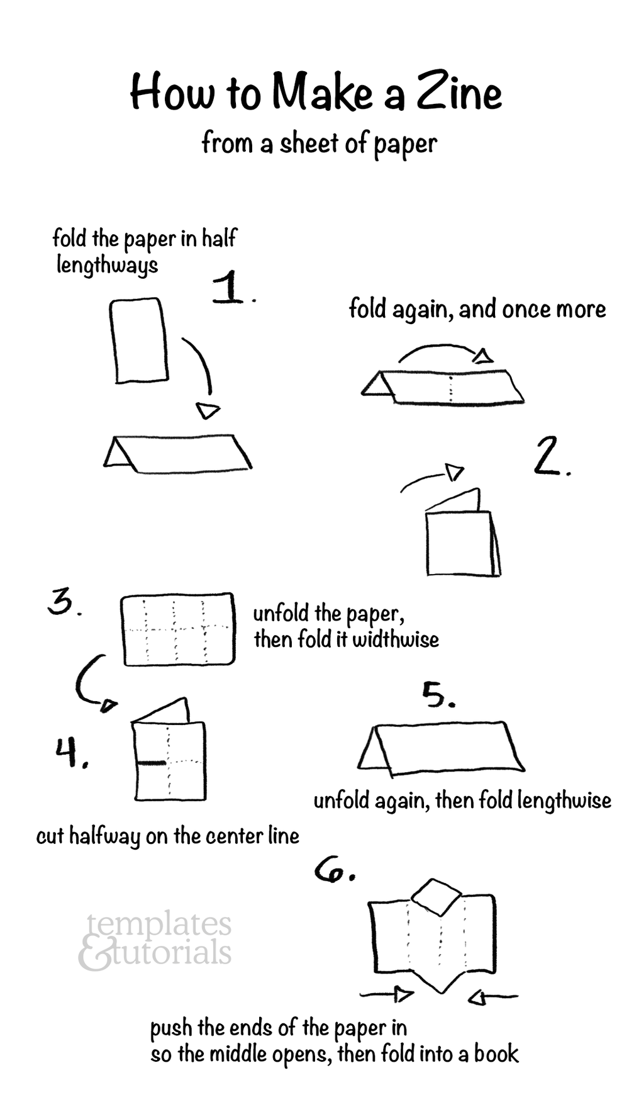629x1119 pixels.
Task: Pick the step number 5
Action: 437,695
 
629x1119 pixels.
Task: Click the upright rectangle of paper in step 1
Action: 140,340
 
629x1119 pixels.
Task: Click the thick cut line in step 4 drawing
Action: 152,763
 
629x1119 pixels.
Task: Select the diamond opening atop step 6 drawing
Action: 437,897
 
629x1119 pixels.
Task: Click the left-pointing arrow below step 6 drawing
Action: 493,997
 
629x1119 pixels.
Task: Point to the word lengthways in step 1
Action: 107,265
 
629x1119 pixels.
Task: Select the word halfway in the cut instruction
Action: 105,836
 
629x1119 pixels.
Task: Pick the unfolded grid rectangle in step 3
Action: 178,629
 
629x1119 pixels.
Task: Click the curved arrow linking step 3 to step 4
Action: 90,683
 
